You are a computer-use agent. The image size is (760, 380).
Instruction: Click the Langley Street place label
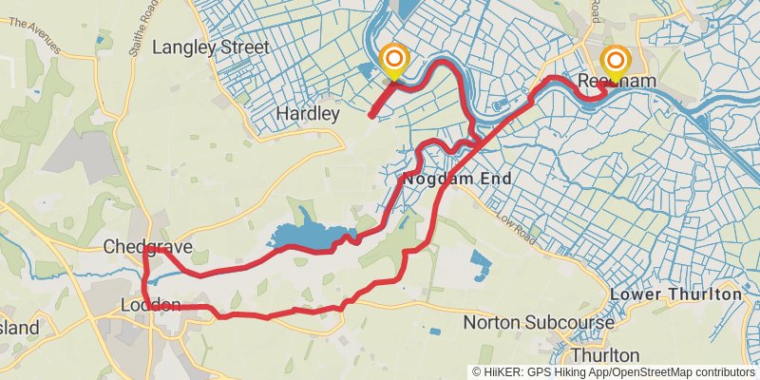coord(210,47)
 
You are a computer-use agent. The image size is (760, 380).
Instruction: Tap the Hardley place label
coord(307,114)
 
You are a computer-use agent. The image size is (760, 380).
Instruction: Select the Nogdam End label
coord(457,179)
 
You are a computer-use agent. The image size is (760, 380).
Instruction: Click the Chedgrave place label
coord(148,247)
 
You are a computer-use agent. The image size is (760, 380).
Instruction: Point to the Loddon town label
coord(151,305)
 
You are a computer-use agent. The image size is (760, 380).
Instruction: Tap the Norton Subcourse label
coord(539,323)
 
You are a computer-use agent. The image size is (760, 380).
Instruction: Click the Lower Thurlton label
coord(675,294)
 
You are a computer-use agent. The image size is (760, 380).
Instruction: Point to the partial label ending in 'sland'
coord(19,328)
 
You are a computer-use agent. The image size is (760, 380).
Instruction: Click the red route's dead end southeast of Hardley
coord(370,116)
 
